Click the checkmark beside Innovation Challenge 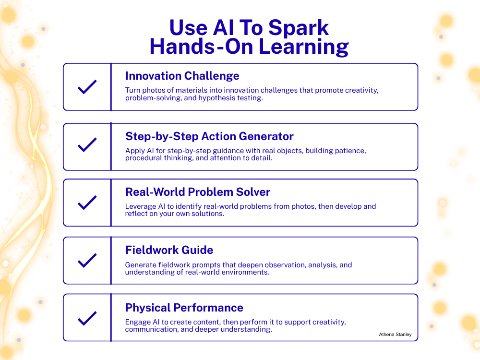click(87, 87)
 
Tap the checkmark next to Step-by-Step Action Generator click(87, 145)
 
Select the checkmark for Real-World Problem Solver click(87, 203)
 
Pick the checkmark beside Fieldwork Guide click(87, 260)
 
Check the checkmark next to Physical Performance click(87, 318)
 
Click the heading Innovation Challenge click(182, 76)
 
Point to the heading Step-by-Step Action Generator click(209, 136)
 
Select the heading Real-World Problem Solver click(198, 192)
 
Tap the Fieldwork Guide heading click(169, 250)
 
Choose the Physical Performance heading click(184, 307)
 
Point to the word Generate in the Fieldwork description click(141, 264)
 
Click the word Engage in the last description click(138, 322)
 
